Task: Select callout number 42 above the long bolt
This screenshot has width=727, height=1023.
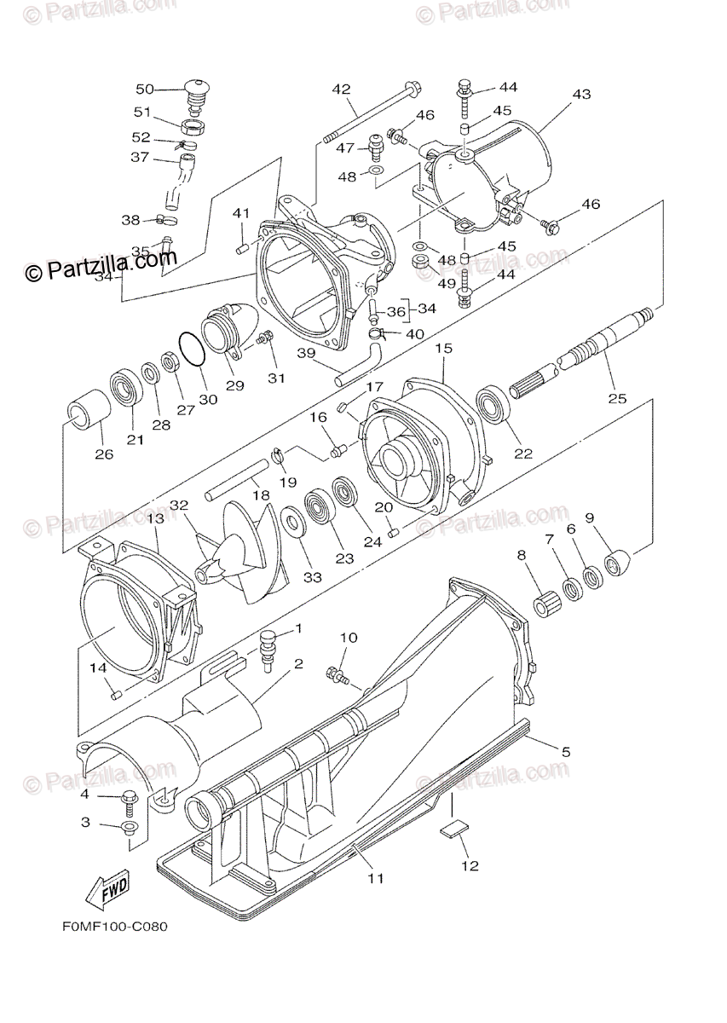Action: (x=341, y=90)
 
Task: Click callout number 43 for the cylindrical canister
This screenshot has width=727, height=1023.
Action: (x=581, y=95)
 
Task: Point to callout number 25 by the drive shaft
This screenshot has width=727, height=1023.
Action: (x=617, y=398)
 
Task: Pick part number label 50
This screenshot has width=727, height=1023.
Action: (x=145, y=90)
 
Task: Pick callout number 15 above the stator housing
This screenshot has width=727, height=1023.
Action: (x=443, y=349)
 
